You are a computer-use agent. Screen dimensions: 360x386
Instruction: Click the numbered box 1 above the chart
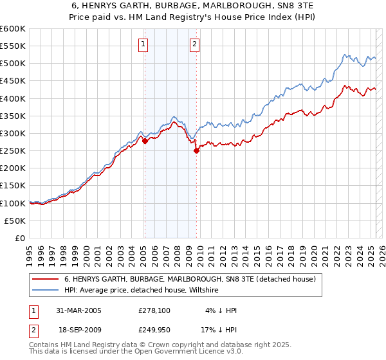pos(142,44)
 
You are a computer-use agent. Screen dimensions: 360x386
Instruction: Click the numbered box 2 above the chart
pos(194,44)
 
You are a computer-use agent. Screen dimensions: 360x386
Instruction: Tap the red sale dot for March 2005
pos(145,141)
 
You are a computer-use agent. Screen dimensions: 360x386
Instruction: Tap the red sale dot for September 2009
pos(196,151)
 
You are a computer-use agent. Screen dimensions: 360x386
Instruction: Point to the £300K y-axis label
pos(13,133)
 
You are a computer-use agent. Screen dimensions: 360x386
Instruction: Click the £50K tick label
pos(15,221)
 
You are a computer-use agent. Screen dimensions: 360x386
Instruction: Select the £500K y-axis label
pos(13,63)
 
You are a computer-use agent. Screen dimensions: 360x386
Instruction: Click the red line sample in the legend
pos(46,280)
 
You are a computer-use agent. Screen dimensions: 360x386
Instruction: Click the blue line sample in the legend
pos(46,291)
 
